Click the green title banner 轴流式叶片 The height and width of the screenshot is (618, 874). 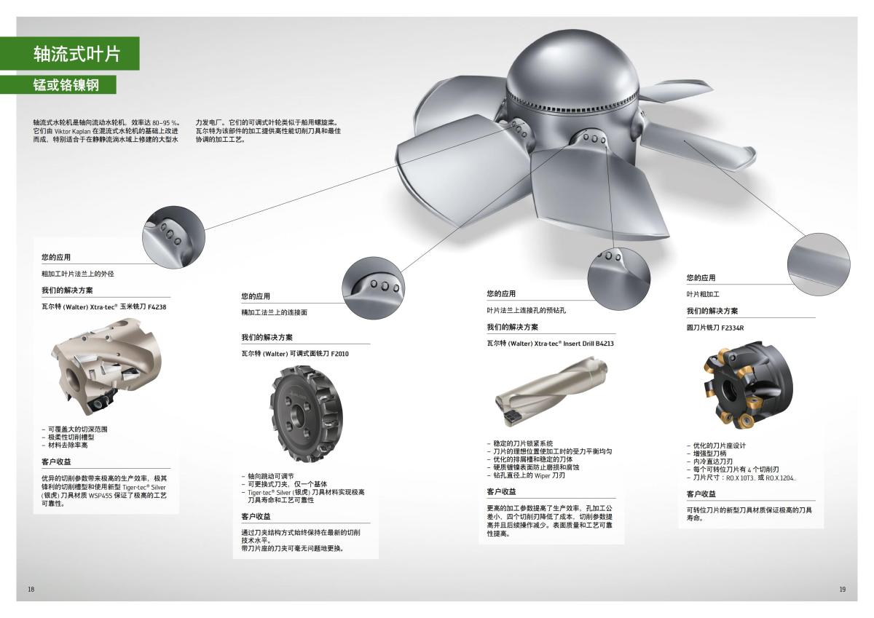click(76, 54)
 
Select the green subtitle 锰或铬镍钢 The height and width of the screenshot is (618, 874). click(66, 84)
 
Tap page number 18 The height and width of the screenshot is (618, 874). click(31, 589)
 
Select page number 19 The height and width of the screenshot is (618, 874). click(843, 589)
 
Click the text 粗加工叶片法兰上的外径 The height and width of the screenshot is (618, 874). click(78, 274)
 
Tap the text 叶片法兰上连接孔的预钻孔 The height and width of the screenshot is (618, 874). click(527, 311)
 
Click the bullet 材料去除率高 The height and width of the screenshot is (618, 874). click(67, 445)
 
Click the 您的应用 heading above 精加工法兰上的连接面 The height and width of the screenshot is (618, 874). click(256, 296)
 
